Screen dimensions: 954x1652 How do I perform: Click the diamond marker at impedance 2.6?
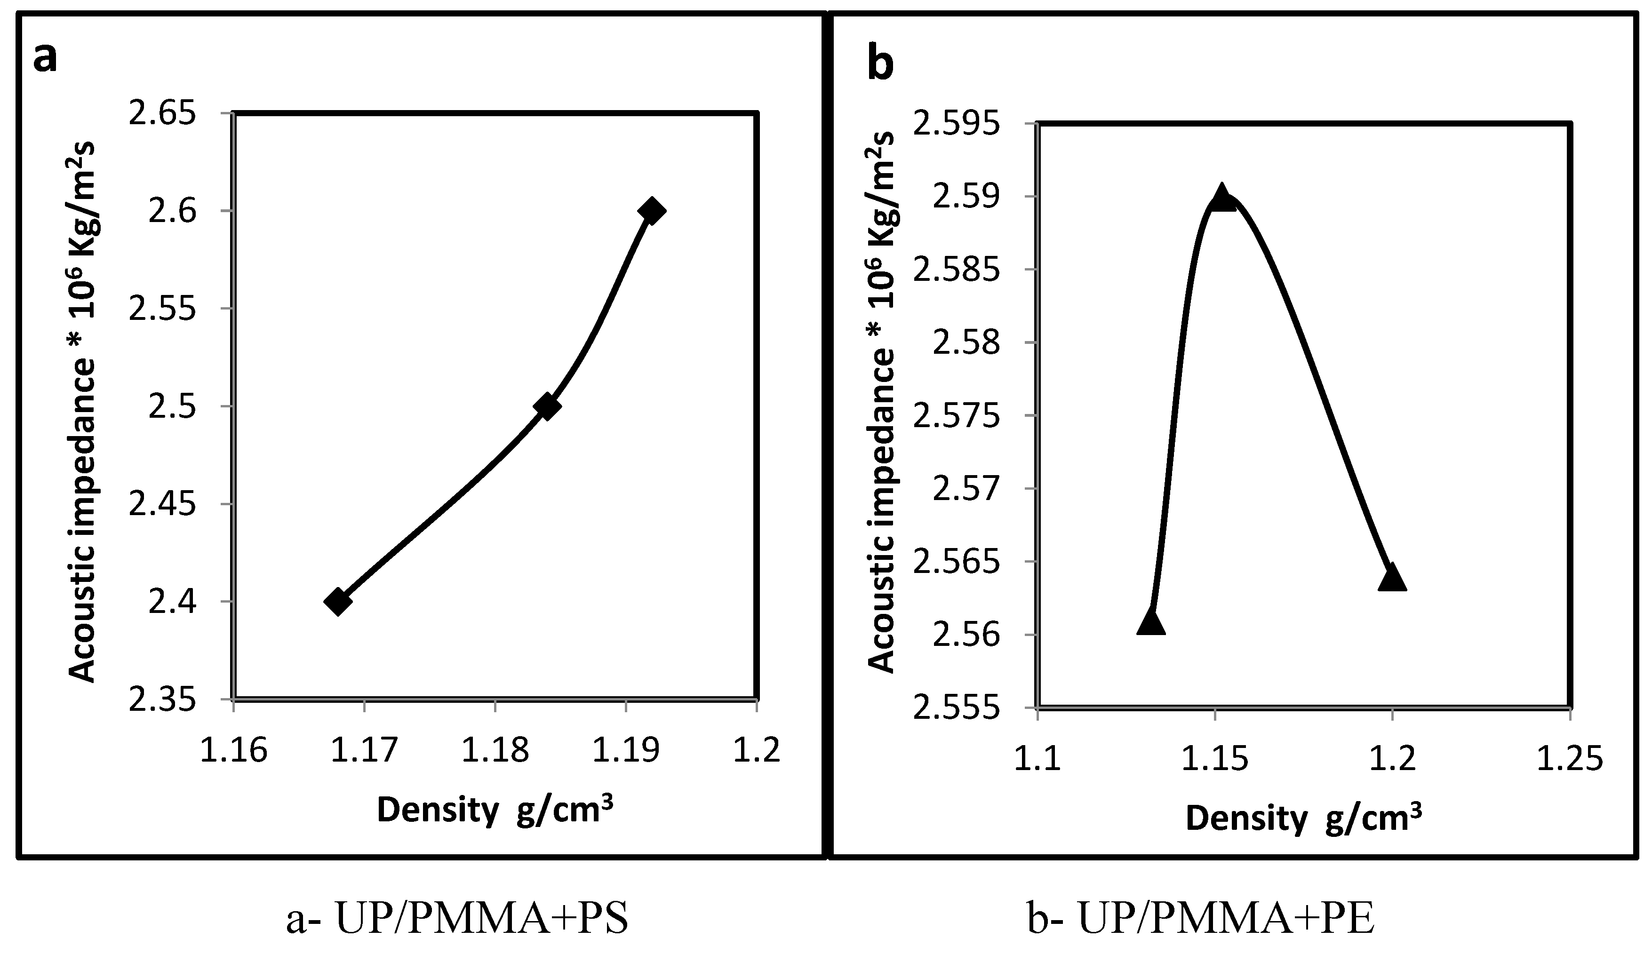(x=651, y=211)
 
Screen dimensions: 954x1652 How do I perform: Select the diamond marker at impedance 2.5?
(x=547, y=406)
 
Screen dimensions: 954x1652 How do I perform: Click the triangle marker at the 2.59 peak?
(x=1221, y=198)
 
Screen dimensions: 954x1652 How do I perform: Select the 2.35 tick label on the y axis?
(x=162, y=700)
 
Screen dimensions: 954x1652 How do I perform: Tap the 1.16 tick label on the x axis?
(x=234, y=751)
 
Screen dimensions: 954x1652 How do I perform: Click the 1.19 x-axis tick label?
(x=626, y=751)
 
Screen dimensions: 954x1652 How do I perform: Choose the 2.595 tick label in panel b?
(x=958, y=123)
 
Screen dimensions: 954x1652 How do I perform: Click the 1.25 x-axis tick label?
(x=1570, y=759)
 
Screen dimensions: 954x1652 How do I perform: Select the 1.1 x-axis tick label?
(x=1037, y=759)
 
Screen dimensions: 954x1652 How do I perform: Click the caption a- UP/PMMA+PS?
(x=457, y=919)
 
